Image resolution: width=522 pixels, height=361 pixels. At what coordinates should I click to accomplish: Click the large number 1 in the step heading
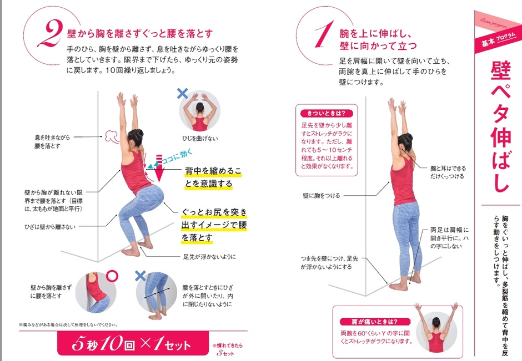point(321,35)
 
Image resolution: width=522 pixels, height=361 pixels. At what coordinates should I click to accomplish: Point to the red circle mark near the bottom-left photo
point(112,276)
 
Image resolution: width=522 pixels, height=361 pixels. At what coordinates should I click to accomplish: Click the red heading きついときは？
point(326,113)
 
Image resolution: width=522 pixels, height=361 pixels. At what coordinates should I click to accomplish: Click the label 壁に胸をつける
point(321,196)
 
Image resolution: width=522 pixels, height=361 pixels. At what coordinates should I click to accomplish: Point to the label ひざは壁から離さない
point(51,227)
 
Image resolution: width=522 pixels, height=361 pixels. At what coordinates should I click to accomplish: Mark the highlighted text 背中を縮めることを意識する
point(212,177)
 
